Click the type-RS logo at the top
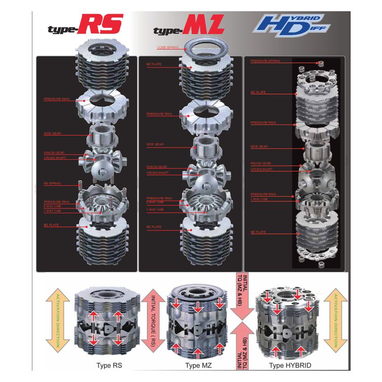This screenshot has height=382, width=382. (x=85, y=25)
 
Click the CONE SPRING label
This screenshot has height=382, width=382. (x=168, y=47)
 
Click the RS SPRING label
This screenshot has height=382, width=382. (x=52, y=183)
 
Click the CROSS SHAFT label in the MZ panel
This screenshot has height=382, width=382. (x=158, y=173)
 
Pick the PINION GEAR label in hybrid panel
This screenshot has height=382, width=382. (x=261, y=164)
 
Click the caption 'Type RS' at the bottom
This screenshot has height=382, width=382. (x=109, y=365)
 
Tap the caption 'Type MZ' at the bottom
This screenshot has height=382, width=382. (x=199, y=365)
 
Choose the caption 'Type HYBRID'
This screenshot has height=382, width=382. (x=290, y=365)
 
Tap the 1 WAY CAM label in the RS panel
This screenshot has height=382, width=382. (x=52, y=211)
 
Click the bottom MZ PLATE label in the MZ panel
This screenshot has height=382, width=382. (x=154, y=227)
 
